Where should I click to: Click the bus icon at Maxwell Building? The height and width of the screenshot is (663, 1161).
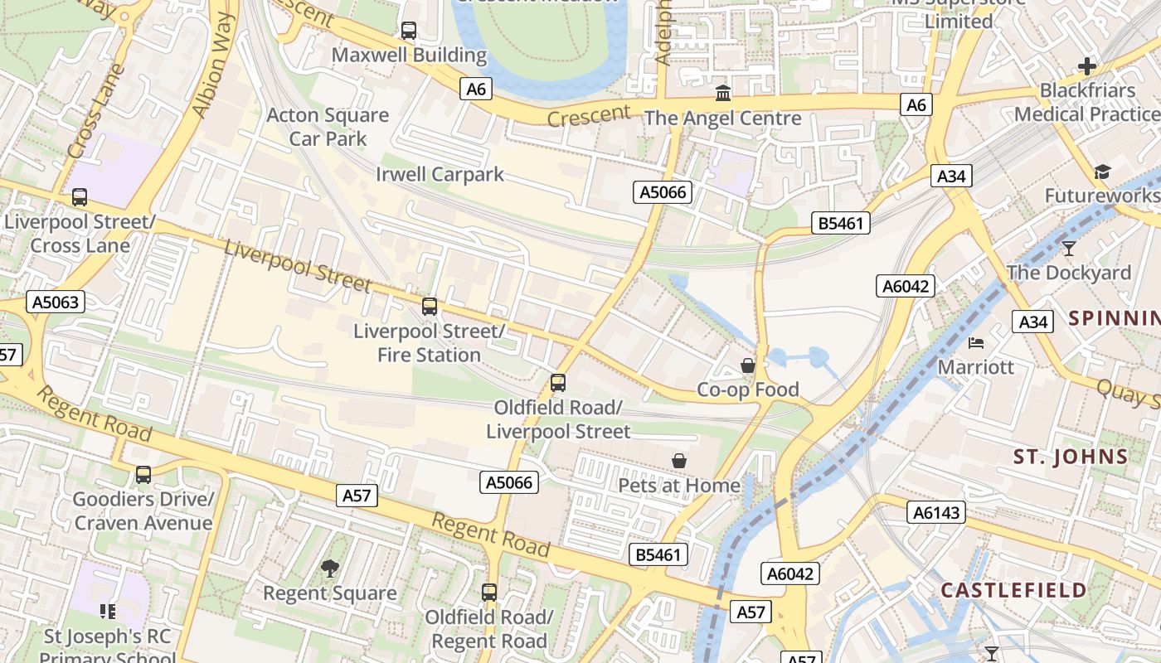click(409, 31)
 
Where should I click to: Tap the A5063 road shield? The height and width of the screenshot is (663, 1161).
click(56, 302)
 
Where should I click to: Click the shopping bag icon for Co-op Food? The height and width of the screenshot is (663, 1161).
click(748, 365)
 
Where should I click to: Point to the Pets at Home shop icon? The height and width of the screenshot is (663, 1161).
click(679, 461)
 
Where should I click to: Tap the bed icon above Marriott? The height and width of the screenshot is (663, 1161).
click(977, 342)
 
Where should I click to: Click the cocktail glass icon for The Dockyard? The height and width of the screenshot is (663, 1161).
click(1069, 248)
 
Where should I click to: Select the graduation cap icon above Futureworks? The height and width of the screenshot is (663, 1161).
click(1102, 172)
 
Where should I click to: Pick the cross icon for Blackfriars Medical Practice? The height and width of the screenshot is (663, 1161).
click(1086, 66)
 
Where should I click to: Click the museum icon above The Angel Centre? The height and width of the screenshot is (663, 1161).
click(723, 93)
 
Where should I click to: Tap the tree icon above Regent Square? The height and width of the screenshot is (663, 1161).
click(330, 569)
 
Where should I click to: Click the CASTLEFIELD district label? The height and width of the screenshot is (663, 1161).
click(1013, 590)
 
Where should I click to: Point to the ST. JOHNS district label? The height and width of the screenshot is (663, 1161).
click(1071, 457)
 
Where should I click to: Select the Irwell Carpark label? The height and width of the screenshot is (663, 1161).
click(440, 174)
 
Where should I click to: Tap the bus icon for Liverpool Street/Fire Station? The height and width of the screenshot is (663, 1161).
click(430, 307)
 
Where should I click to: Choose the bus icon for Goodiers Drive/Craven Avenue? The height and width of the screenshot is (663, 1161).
click(143, 475)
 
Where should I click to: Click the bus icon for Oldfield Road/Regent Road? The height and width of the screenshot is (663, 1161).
click(489, 593)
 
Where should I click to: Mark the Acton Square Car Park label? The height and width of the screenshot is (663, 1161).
click(328, 127)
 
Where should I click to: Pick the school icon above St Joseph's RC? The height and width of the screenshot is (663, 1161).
click(108, 612)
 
